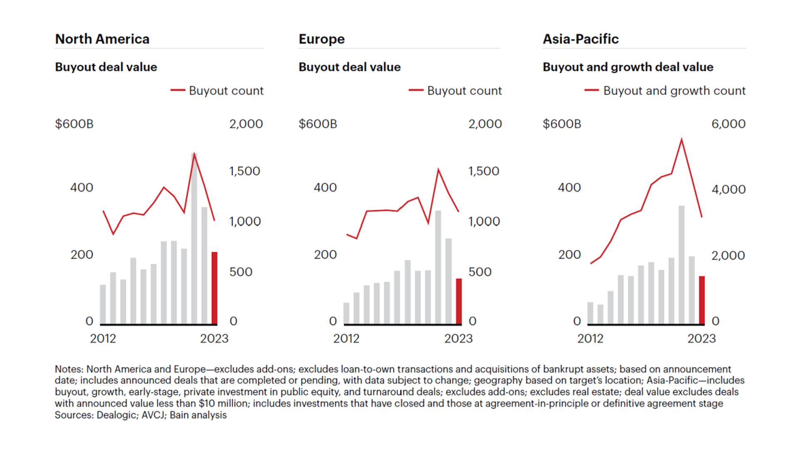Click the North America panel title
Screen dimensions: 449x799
point(102,39)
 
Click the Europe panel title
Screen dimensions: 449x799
point(321,39)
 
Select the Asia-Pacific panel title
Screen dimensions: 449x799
point(581,39)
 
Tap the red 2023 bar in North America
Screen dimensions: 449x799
point(214,288)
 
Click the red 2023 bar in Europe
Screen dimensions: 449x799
point(459,301)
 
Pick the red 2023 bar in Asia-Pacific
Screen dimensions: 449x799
point(702,300)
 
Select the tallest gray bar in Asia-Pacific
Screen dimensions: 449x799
point(681,265)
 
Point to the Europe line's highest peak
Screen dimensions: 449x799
point(438,170)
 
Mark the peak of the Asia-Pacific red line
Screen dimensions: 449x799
point(681,139)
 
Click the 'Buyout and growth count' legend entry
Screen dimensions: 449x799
point(674,91)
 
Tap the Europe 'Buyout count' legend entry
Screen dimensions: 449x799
point(464,91)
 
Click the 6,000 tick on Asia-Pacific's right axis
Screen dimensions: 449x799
point(728,124)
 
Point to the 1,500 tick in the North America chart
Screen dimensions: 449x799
point(244,171)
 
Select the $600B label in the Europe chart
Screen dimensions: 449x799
point(318,124)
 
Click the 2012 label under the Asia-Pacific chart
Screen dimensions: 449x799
point(590,338)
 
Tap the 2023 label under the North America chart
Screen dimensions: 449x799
point(214,338)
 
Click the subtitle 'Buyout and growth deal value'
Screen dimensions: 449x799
point(628,67)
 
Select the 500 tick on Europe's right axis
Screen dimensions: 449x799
point(480,272)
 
